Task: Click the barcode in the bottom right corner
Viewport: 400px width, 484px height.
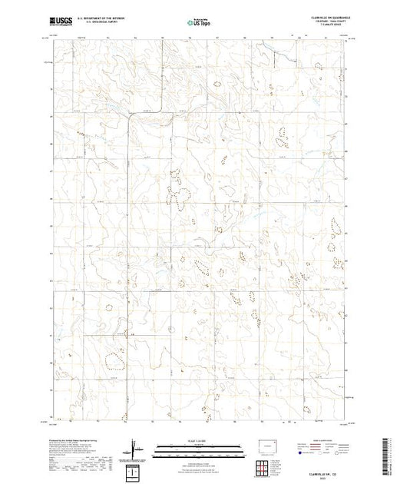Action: [391, 453]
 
